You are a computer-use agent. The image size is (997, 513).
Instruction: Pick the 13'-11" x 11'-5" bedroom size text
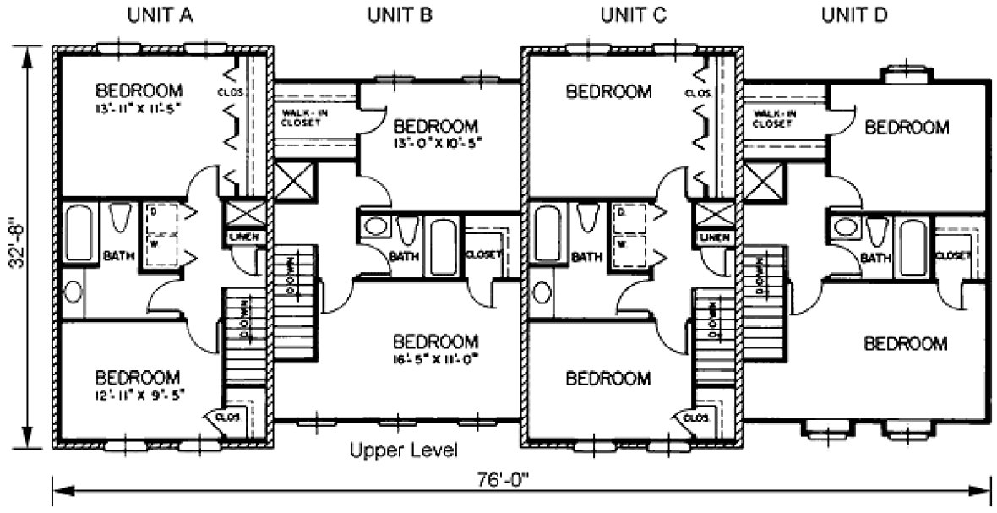tap(139, 109)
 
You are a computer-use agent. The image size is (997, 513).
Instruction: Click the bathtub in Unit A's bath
tap(81, 229)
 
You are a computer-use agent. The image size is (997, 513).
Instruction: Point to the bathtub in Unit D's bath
tap(912, 246)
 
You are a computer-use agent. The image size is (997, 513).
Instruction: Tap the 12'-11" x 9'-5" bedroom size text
tap(139, 394)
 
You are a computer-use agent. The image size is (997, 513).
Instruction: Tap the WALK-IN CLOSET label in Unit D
tap(771, 117)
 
